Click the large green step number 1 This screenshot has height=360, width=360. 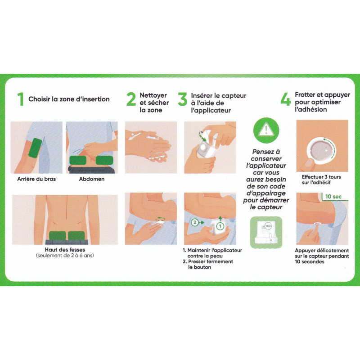(x=20, y=99)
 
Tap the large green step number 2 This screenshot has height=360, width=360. (x=131, y=99)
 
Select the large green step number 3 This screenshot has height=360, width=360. (x=182, y=99)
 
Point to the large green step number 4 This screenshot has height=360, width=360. (x=285, y=99)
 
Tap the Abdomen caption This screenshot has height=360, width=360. (x=92, y=179)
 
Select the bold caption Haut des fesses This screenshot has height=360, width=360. (x=66, y=250)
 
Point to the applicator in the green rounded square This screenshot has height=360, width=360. (x=265, y=232)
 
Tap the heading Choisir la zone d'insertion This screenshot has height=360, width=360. (x=69, y=99)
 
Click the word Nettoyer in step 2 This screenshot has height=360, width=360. (x=153, y=95)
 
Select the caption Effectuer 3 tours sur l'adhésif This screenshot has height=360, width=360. (x=321, y=180)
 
